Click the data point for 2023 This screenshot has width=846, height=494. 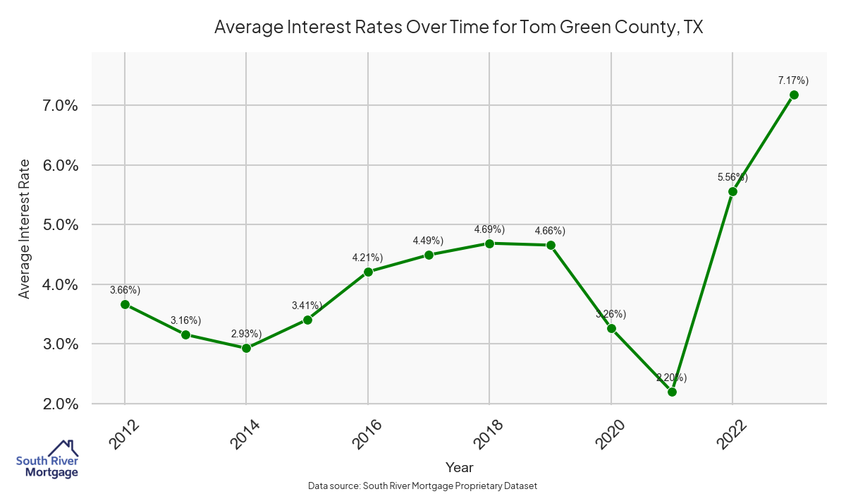click(794, 95)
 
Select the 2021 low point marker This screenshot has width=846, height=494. click(672, 392)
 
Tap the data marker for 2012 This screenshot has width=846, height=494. click(125, 304)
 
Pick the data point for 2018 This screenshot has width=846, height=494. click(489, 243)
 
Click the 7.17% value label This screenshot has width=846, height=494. click(793, 80)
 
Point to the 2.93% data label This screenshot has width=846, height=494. click(246, 334)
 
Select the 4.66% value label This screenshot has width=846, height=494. click(550, 231)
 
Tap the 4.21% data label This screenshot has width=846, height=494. click(367, 258)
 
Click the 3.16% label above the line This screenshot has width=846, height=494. click(185, 321)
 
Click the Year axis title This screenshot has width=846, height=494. click(460, 467)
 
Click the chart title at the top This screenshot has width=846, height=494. click(459, 28)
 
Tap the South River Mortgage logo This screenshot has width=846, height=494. click(47, 459)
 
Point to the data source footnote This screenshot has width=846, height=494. click(423, 486)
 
